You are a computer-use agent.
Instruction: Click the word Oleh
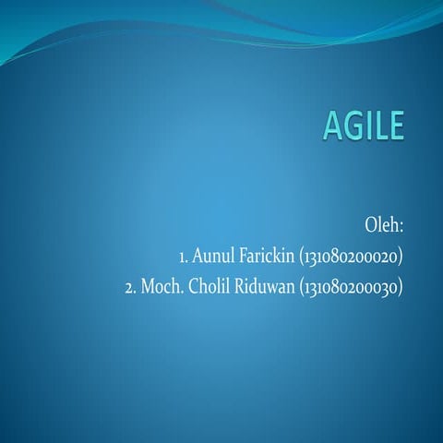(x=381, y=224)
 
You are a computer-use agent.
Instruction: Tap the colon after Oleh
(x=402, y=226)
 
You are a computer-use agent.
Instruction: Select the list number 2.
(x=130, y=286)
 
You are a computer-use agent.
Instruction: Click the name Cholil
(x=214, y=286)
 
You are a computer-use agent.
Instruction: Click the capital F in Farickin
(x=246, y=256)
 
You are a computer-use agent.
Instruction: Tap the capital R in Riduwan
(x=246, y=286)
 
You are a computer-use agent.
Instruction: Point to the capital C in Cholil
(x=198, y=286)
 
